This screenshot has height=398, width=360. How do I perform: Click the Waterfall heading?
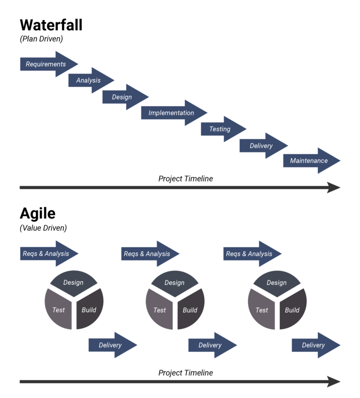pos(51,25)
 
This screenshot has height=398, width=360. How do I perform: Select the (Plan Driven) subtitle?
pos(41,39)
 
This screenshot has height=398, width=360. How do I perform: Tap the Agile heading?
pos(37,214)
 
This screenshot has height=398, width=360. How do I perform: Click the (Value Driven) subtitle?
pos(43,228)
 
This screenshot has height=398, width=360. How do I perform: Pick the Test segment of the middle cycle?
pos(159,310)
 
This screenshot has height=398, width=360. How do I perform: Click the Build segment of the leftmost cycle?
pos(89,310)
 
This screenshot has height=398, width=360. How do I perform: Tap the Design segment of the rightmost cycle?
pos(277,282)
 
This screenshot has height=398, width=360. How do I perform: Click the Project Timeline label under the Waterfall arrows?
pos(186,178)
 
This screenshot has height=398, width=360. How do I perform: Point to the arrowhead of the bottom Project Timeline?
pos(334,382)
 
